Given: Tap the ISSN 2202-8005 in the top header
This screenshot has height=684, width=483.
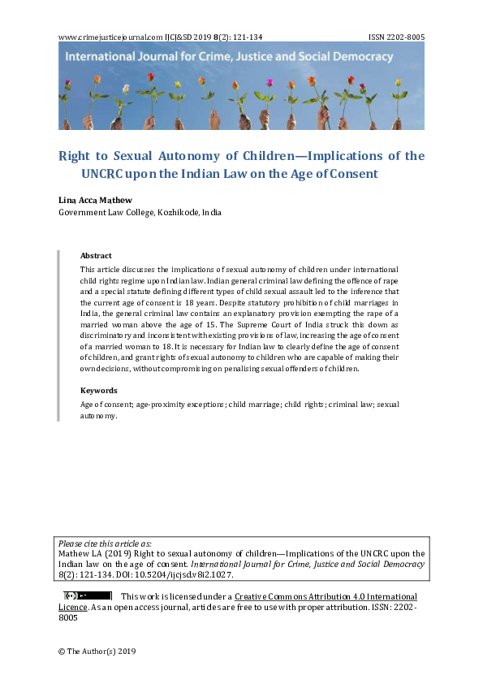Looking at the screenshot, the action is [396, 37].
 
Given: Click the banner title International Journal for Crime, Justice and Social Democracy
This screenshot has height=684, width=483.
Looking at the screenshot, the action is [229, 58].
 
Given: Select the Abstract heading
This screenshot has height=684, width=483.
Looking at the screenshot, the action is [96, 256].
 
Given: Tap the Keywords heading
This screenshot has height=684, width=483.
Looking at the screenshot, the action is [98, 390].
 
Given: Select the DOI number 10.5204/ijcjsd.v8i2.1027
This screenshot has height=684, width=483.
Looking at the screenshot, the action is [188, 574].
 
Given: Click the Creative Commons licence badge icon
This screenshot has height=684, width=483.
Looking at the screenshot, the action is [88, 595].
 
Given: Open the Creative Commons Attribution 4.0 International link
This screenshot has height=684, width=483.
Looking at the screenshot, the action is [326, 596].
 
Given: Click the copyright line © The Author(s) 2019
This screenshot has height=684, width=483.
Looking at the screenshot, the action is [97, 652].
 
